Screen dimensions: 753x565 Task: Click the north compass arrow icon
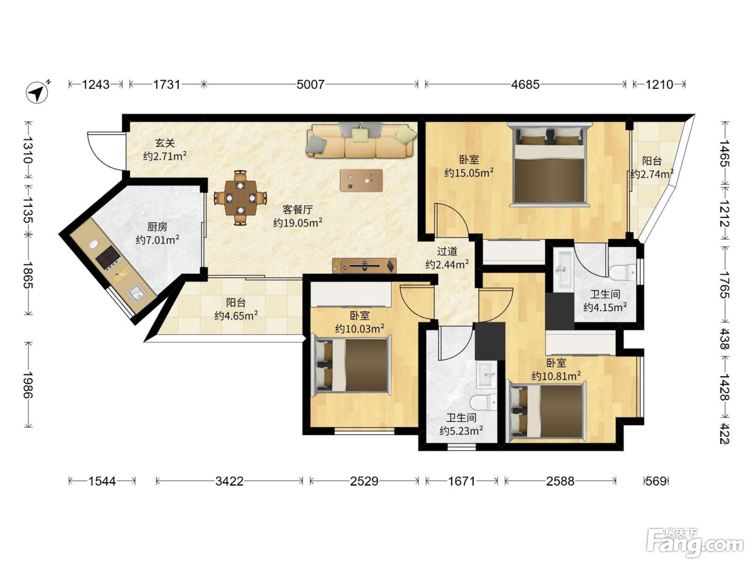tap(37, 92)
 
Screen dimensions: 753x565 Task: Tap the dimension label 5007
tap(310, 84)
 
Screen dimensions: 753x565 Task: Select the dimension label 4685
tap(525, 84)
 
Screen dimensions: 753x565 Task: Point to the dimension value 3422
tap(230, 481)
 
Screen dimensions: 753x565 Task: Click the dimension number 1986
tap(28, 385)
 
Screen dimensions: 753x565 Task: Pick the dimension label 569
tap(656, 481)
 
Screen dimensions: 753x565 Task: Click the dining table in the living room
tap(241, 197)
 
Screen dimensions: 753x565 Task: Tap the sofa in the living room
tap(361, 140)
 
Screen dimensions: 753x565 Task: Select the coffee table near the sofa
tap(361, 180)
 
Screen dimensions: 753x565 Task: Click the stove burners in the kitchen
tap(109, 258)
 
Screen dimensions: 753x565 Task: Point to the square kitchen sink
tap(137, 293)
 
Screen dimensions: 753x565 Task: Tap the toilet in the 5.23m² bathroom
tap(483, 402)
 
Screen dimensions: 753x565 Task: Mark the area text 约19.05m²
tap(298, 223)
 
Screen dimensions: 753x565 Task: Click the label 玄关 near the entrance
tap(165, 143)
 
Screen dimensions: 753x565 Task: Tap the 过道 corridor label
tap(447, 251)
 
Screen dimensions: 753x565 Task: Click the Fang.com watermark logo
tap(695, 543)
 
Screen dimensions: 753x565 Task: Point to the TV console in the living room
tap(364, 265)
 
